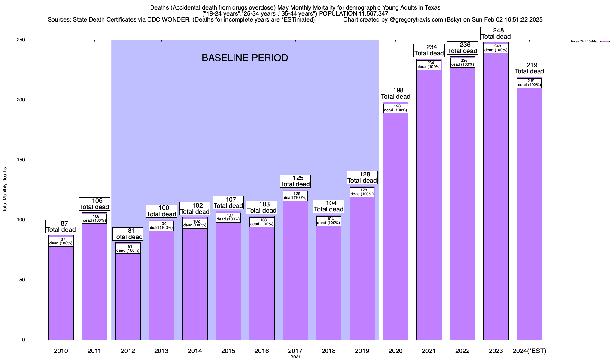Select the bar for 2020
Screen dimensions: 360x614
coord(396,228)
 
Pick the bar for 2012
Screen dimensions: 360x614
coord(128,297)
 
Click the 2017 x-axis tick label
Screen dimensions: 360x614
coord(295,351)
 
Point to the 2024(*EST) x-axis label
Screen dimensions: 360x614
coord(529,351)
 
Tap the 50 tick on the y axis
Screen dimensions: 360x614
coord(22,280)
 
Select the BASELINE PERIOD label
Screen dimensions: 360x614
coord(245,58)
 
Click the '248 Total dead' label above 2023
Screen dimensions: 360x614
coord(496,34)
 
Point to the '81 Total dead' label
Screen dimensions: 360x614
coord(128,234)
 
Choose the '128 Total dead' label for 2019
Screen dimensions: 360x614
coord(362,178)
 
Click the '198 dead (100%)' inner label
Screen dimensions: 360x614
coord(396,108)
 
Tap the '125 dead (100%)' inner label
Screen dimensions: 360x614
coord(295,196)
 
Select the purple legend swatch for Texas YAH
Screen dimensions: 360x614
coord(605,41)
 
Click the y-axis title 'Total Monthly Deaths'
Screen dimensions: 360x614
coord(5,189)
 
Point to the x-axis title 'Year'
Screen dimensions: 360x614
coord(295,357)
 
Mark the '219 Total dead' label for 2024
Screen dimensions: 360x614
coord(529,68)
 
